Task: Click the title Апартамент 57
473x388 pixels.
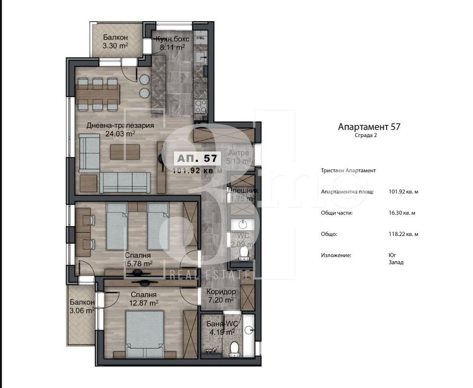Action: tap(368, 126)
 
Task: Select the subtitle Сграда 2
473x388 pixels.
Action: tap(368, 135)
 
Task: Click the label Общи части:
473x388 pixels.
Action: tap(337, 213)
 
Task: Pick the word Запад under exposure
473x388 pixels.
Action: tap(395, 262)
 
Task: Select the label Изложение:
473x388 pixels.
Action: tap(337, 255)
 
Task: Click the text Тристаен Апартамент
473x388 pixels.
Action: tap(348, 171)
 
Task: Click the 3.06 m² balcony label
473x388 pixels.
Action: tap(82, 307)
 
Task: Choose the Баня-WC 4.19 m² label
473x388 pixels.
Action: tap(222, 328)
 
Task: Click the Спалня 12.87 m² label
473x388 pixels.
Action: tap(143, 299)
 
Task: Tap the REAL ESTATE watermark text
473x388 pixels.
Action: tap(209, 274)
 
